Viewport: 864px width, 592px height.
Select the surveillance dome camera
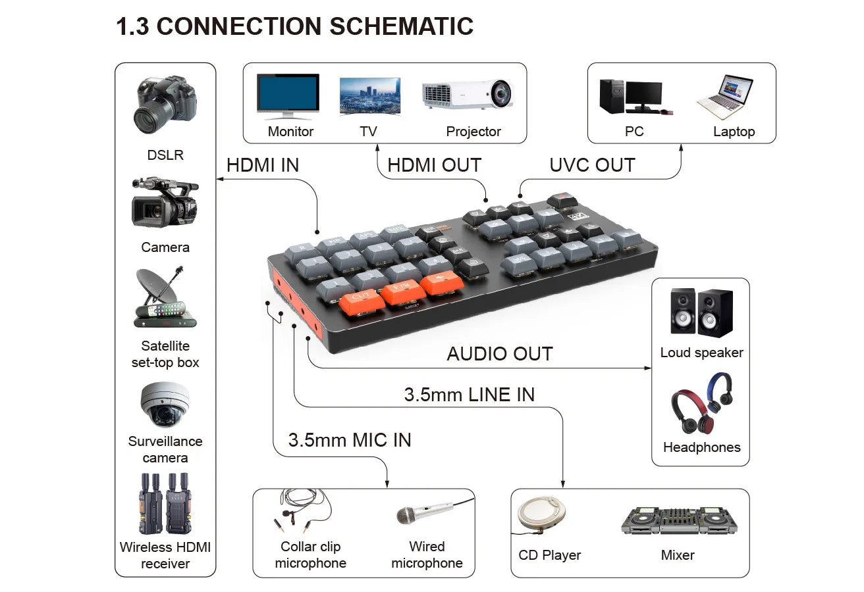[x=165, y=404]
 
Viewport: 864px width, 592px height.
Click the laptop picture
[x=725, y=97]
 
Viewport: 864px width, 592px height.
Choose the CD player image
[x=539, y=516]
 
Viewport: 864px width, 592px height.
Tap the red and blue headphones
[x=701, y=403]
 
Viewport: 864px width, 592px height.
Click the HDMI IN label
[x=262, y=165]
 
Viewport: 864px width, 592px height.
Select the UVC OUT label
[x=592, y=165]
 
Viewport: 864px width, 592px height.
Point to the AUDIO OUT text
[x=499, y=354]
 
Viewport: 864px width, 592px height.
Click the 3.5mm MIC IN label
[x=349, y=440]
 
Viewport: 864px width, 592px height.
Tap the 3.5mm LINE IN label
[x=469, y=395]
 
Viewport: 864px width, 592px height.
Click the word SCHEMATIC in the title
[x=401, y=27]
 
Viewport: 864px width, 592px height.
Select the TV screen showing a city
[x=369, y=96]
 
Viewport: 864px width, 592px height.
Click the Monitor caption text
[x=290, y=132]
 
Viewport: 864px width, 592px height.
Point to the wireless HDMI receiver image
[x=165, y=503]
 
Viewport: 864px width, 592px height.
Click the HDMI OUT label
[x=434, y=165]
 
